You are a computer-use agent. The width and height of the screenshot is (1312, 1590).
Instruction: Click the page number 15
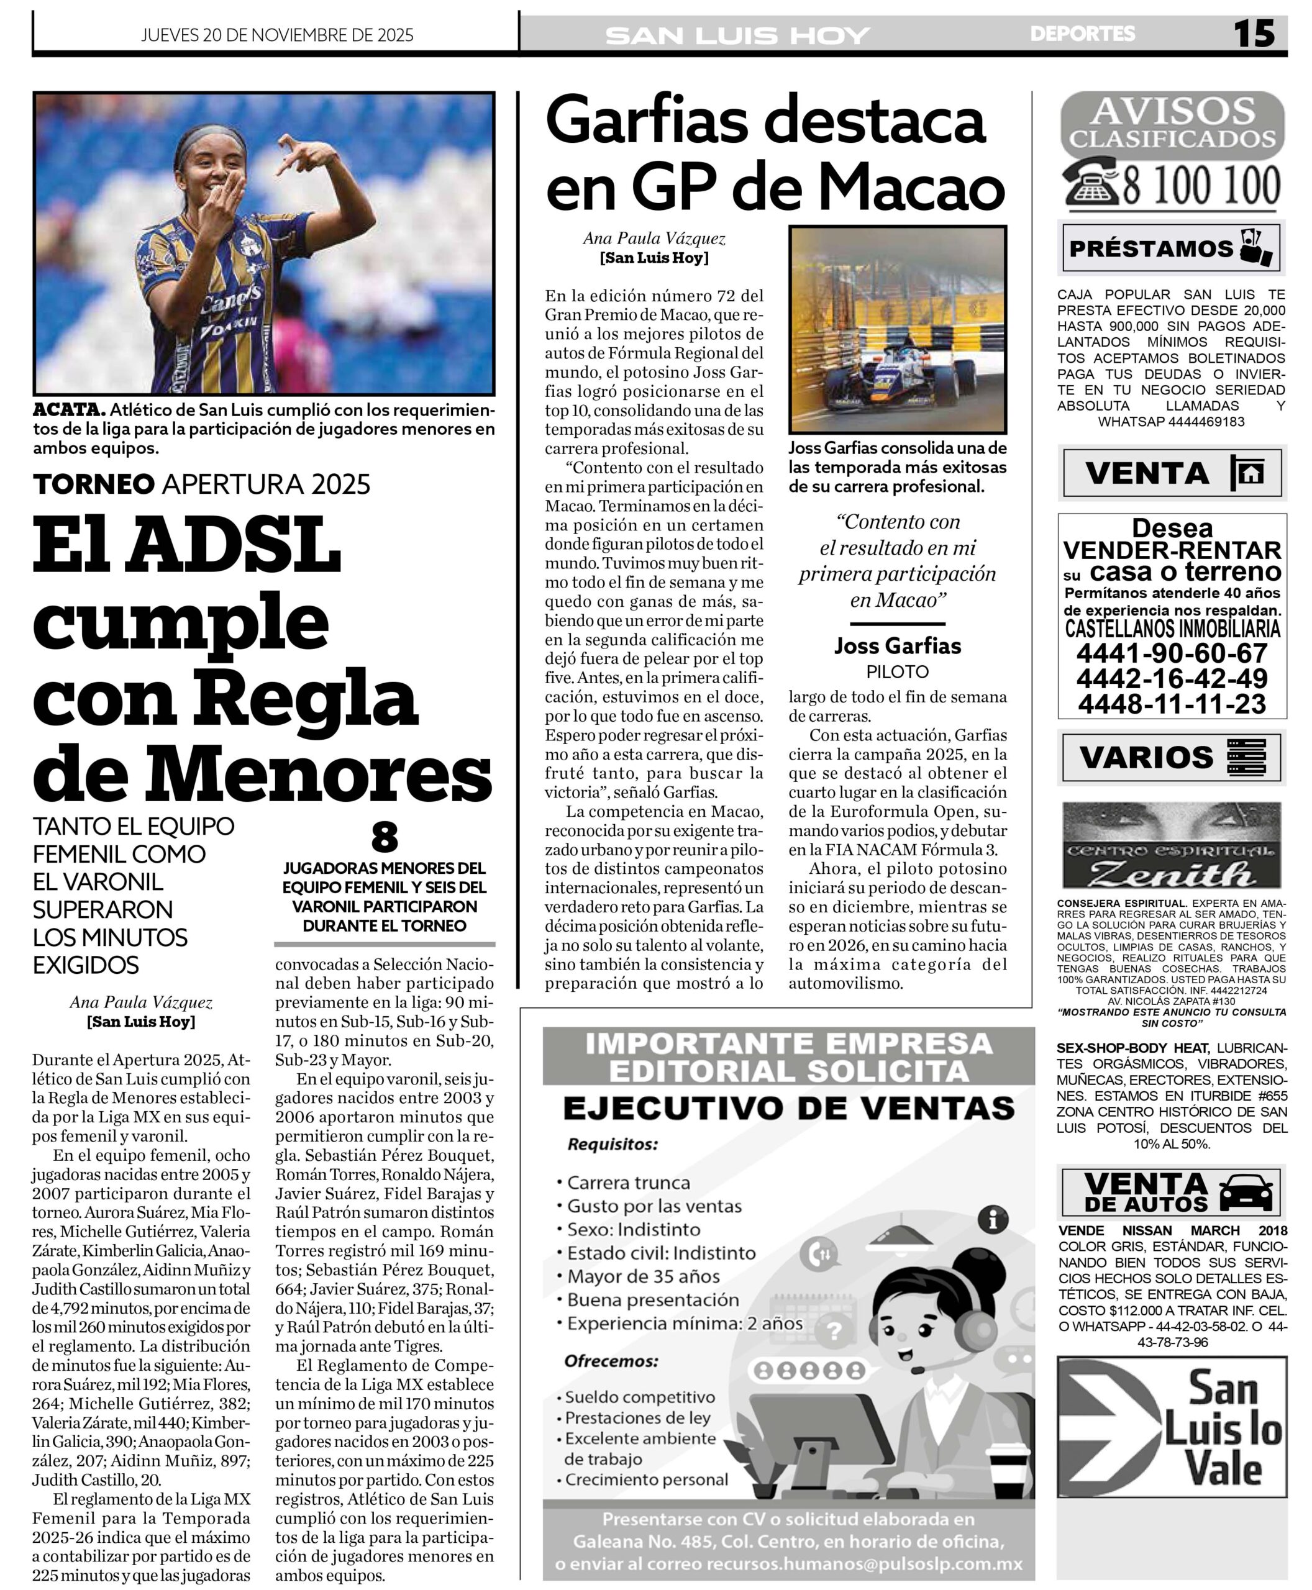point(1254,34)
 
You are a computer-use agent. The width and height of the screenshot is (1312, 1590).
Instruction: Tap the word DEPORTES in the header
point(1082,34)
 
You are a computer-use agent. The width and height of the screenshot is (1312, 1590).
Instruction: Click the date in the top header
point(277,35)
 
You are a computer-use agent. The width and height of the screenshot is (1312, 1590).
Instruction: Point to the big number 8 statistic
point(385,837)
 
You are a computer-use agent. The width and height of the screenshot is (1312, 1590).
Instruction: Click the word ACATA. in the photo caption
point(68,409)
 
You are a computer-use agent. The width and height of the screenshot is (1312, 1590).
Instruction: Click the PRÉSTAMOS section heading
point(1150,248)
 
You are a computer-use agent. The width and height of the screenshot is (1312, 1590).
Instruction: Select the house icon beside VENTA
point(1247,473)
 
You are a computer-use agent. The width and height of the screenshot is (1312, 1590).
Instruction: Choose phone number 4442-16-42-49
point(1172,678)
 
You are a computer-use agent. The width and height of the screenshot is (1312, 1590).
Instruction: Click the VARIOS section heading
point(1146,756)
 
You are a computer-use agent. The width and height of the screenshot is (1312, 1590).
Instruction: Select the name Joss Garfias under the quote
point(897,646)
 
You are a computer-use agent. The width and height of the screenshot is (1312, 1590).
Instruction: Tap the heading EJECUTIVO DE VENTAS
point(788,1109)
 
